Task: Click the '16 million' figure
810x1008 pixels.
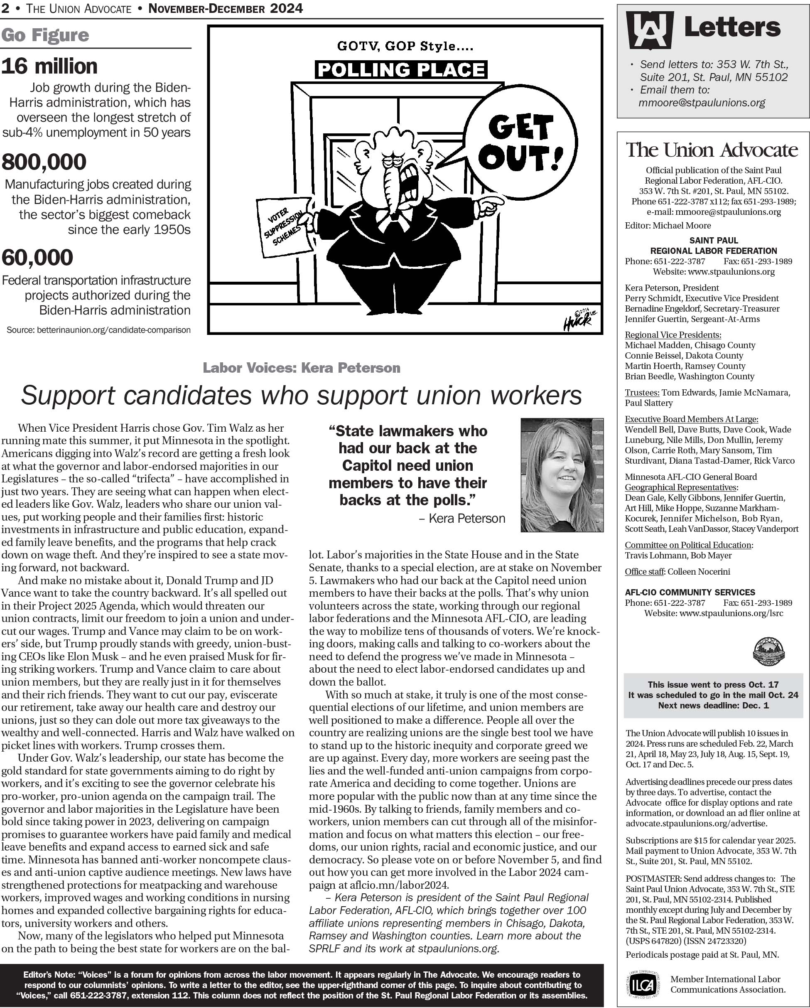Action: pos(49,66)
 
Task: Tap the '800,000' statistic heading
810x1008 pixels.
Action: pos(44,162)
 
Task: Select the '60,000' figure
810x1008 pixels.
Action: pos(37,258)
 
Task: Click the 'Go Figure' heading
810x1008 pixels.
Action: pos(45,35)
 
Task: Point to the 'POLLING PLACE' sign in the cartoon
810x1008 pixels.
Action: pos(401,70)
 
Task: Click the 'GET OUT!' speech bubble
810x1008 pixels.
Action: pos(520,142)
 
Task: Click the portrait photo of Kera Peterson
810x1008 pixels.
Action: pos(562,474)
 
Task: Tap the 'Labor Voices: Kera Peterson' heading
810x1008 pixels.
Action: pos(302,368)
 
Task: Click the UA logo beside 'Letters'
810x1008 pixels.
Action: pos(650,30)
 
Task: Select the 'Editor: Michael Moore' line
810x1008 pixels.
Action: pos(668,225)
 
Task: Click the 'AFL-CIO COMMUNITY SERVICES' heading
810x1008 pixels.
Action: pos(690,592)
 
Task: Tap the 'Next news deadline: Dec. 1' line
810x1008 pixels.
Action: pos(713,705)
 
